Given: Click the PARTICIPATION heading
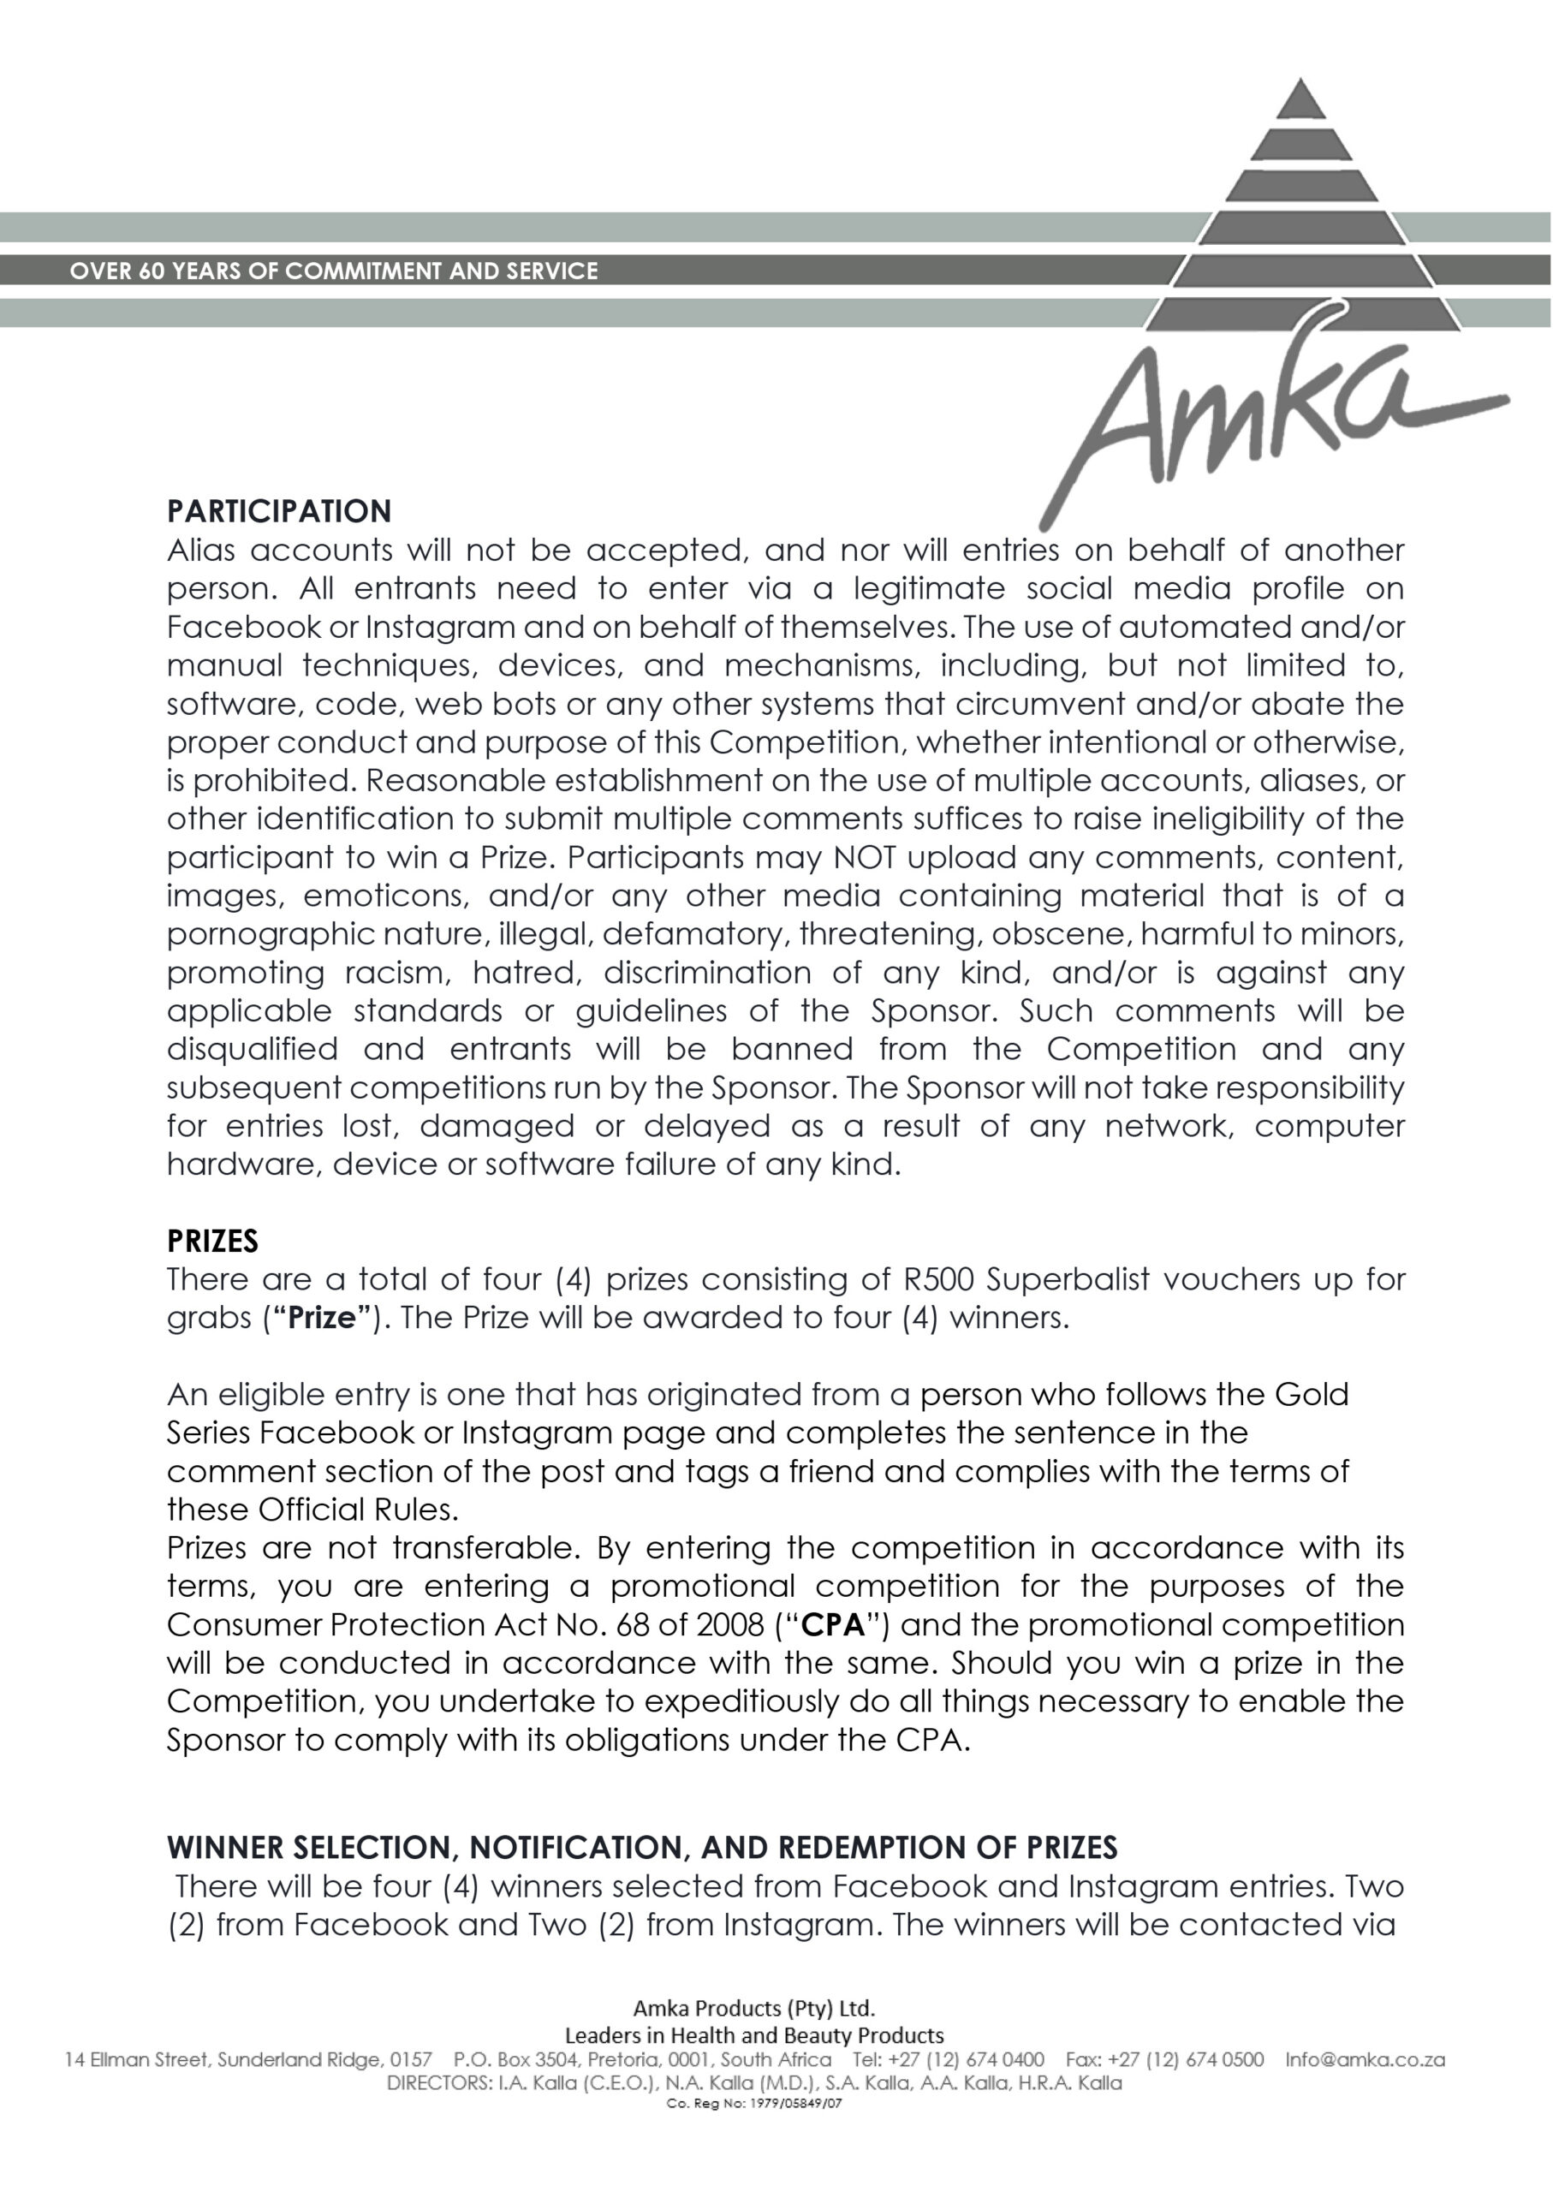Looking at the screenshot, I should [279, 512].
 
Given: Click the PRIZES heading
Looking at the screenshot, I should [212, 1242].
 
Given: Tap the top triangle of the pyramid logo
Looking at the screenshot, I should [1300, 101].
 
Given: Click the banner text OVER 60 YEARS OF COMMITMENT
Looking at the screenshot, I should [334, 271].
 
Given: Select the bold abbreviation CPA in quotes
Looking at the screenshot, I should [834, 1625].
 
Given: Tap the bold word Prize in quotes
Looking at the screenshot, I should [321, 1318].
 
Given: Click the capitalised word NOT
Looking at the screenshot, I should [865, 857].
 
